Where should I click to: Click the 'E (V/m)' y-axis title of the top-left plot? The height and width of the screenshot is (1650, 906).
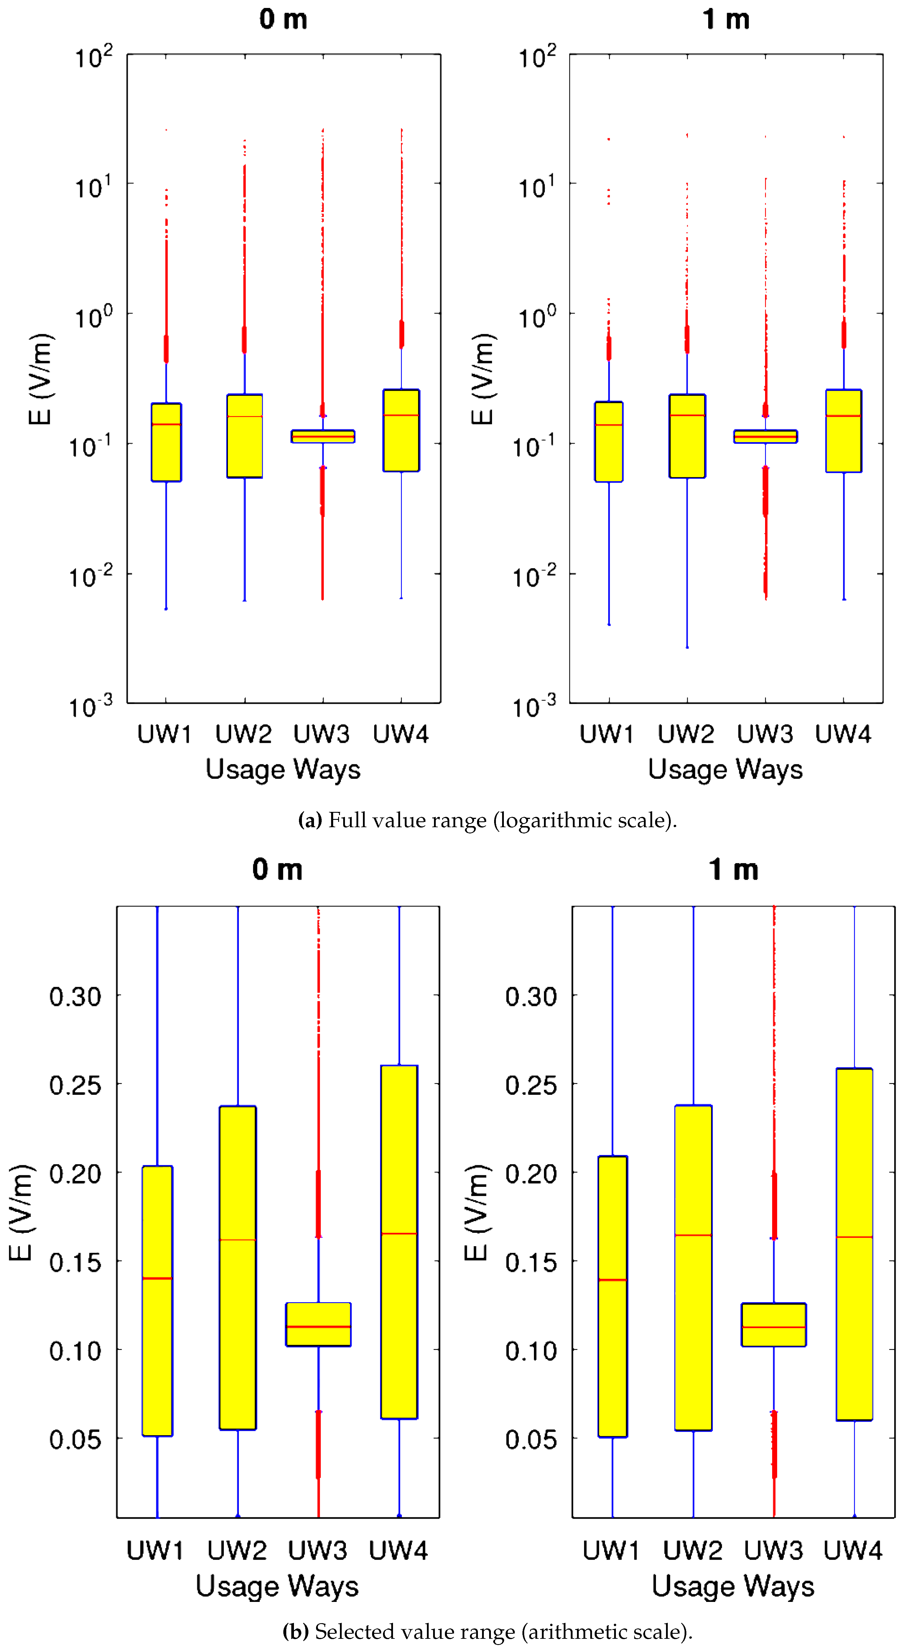(40, 379)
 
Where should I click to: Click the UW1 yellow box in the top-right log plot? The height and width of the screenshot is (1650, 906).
(609, 442)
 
